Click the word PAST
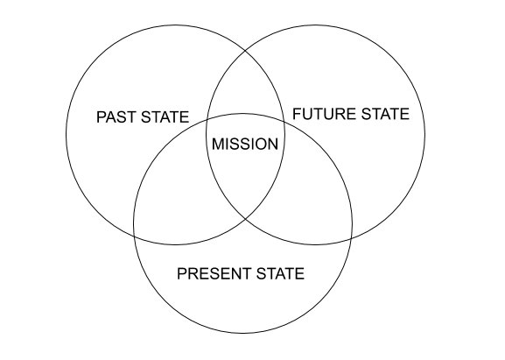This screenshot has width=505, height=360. (x=116, y=116)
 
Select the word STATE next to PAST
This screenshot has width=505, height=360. (x=165, y=116)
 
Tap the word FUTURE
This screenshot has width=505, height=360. (x=325, y=114)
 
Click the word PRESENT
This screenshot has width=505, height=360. (x=214, y=273)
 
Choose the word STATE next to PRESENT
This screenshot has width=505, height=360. (x=281, y=273)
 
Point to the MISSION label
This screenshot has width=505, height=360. (x=245, y=144)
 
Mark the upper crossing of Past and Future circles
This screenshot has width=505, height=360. (x=245, y=51)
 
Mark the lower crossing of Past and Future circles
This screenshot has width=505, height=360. (x=245, y=219)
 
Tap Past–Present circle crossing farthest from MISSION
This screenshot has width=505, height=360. (x=134, y=236)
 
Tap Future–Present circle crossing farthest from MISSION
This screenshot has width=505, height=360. (x=352, y=238)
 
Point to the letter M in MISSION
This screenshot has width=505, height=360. (x=218, y=144)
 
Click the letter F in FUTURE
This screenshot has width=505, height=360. (x=297, y=114)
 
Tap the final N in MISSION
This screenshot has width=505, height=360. (x=273, y=144)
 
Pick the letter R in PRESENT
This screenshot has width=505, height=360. (x=193, y=273)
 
